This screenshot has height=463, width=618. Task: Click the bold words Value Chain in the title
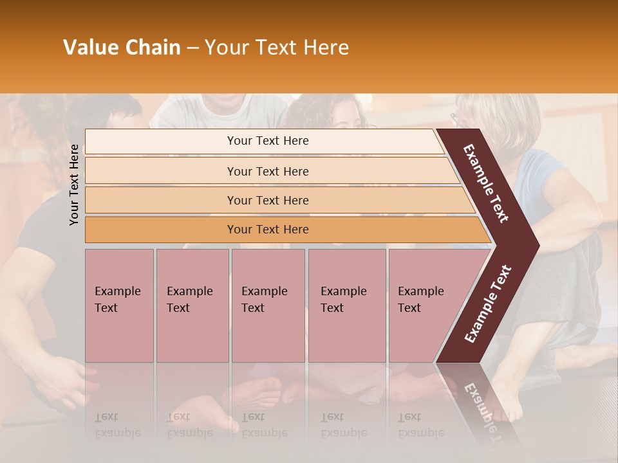click(122, 48)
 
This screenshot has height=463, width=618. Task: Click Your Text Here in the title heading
click(277, 48)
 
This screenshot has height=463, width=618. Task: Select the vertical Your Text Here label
click(75, 185)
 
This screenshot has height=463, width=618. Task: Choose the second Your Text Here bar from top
click(267, 171)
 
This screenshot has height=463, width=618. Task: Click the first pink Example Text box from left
click(119, 305)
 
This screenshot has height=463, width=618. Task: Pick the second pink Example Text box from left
click(192, 305)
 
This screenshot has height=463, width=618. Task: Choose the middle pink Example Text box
click(268, 305)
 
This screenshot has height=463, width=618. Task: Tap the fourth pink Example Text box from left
click(347, 305)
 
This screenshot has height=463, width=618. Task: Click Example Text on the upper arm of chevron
click(487, 183)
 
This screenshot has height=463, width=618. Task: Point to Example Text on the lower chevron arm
click(488, 304)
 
